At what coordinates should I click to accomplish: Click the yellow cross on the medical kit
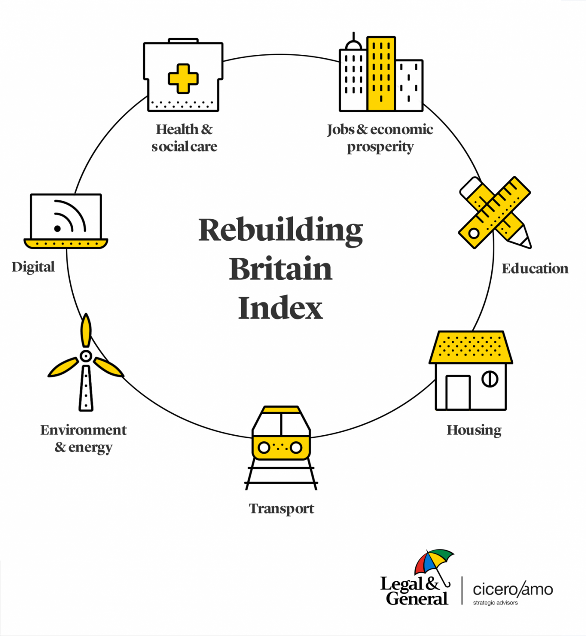pos(183,79)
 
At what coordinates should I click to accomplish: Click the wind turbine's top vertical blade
pos(86,330)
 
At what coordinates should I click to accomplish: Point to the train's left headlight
pos(264,448)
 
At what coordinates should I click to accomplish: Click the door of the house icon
pos(458,392)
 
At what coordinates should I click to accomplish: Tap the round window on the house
pos(490,379)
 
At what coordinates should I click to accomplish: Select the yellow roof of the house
pos(471,347)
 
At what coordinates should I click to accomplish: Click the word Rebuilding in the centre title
pos(281,230)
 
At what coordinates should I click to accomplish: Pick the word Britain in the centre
pos(281,269)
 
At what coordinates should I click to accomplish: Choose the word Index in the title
pos(281,308)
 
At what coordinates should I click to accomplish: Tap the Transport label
pos(282,508)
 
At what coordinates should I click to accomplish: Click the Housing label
pos(474,430)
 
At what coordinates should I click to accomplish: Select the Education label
pos(535,268)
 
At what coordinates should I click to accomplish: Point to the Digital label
pos(33,267)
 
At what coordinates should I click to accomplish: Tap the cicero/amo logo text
pos(512,590)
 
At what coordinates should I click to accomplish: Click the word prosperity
pos(380,147)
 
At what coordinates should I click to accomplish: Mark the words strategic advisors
pos(495,603)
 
